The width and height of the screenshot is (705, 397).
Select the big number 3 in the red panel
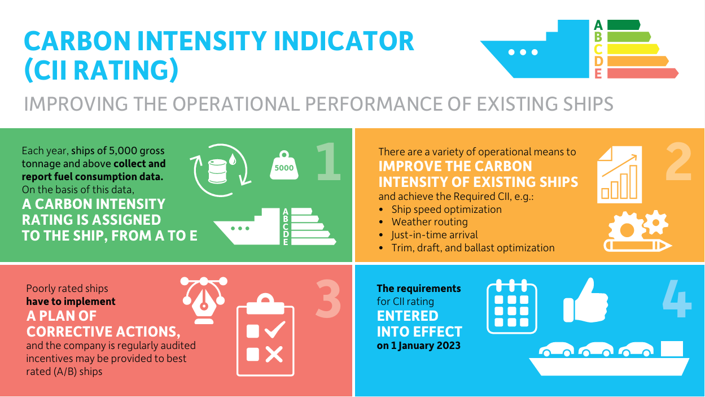[x=328, y=298]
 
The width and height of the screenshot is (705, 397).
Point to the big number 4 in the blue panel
[x=677, y=298]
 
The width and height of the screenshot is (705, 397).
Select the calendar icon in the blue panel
[x=511, y=305]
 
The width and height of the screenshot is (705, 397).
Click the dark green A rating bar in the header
[x=623, y=25]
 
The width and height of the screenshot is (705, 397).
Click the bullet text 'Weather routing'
[x=430, y=222]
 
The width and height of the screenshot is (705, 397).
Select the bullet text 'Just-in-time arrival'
[x=435, y=235]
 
